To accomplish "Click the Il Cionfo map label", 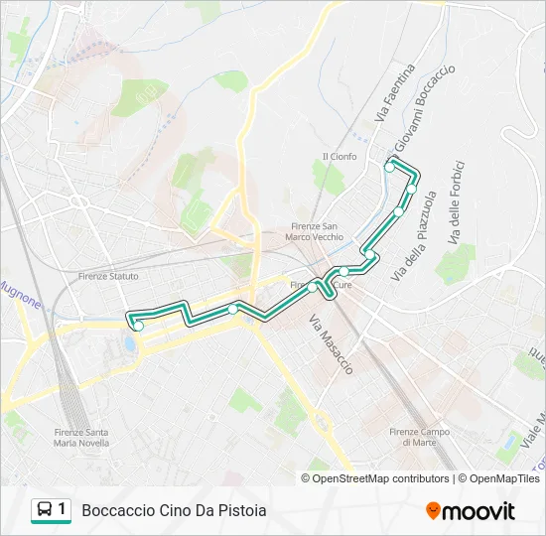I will pos(340,156).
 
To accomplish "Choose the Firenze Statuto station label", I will pos(107,276).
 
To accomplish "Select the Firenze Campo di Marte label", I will pos(420,437).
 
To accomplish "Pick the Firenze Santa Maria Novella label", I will pos(82,437).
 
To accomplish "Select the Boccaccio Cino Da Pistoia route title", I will pos(174,511).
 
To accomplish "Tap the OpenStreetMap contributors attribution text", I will pos(381,478).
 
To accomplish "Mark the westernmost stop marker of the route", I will pos(139,326).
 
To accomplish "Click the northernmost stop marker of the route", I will pos(389,168).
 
